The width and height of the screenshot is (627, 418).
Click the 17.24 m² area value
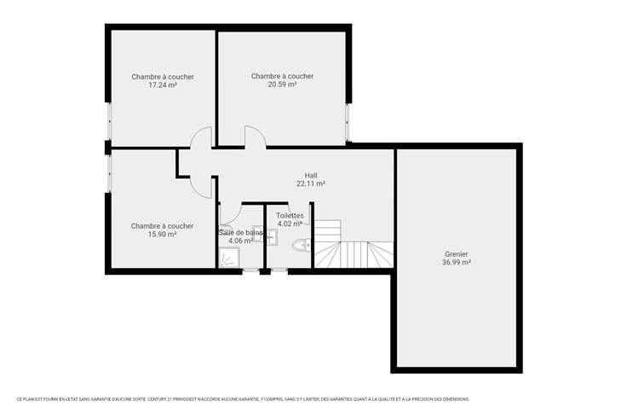tap(163, 85)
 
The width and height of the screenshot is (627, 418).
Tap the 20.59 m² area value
tap(282, 84)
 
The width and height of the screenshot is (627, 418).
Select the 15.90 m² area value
tap(163, 235)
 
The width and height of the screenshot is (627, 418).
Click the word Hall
tap(311, 176)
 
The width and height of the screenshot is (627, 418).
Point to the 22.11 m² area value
tap(311, 183)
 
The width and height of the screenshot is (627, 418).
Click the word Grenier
tap(457, 254)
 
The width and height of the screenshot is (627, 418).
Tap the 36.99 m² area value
tap(457, 263)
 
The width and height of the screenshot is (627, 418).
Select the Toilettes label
tap(290, 216)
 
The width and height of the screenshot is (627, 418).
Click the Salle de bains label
tap(241, 232)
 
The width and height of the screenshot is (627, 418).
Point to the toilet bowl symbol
tap(302, 245)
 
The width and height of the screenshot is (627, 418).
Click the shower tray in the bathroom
tap(229, 258)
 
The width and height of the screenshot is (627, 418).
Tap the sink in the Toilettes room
tap(272, 237)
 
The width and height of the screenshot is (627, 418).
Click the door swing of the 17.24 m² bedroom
tap(201, 136)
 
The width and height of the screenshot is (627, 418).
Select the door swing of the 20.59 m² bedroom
tap(256, 136)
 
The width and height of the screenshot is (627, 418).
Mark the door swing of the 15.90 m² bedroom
tap(200, 188)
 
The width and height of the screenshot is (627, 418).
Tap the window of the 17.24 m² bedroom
tap(109, 121)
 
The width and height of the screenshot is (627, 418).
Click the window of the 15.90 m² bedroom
tap(109, 174)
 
